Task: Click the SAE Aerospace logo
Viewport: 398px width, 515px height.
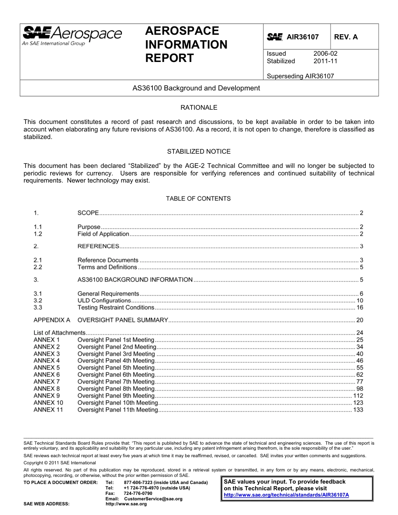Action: coord(72,36)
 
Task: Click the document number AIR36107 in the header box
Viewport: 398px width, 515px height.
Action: coord(302,37)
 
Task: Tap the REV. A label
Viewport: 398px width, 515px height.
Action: coord(346,37)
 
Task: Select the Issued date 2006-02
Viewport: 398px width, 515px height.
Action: coord(325,54)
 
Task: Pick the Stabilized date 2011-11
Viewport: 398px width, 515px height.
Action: coord(325,61)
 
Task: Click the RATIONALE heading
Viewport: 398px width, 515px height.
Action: coord(199,108)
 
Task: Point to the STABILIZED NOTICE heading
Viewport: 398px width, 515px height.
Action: coord(199,152)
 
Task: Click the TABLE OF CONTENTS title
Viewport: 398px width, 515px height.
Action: coord(198,198)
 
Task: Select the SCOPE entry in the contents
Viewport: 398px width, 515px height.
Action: coord(88,213)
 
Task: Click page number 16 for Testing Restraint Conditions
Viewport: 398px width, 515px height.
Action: coord(359,308)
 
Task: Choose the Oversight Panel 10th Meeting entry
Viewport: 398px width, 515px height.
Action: coord(118,403)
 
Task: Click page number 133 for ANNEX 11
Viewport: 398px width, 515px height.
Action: coord(358,410)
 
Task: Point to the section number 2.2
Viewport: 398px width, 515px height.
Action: coord(38,267)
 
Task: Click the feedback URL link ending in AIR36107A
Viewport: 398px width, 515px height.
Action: coord(287,495)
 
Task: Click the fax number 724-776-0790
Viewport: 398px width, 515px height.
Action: coord(138,494)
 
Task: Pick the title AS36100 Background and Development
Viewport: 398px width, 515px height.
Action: coord(196,88)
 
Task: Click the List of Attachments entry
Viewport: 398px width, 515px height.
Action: coord(59,333)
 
